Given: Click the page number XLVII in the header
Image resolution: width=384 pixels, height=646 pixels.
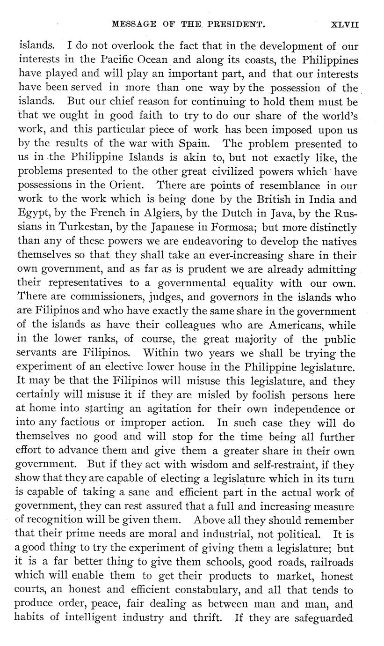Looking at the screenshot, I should (x=345, y=25).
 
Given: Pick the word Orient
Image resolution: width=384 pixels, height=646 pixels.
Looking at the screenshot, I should (x=131, y=186).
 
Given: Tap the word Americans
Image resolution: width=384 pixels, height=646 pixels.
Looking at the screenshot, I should (x=305, y=326).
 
